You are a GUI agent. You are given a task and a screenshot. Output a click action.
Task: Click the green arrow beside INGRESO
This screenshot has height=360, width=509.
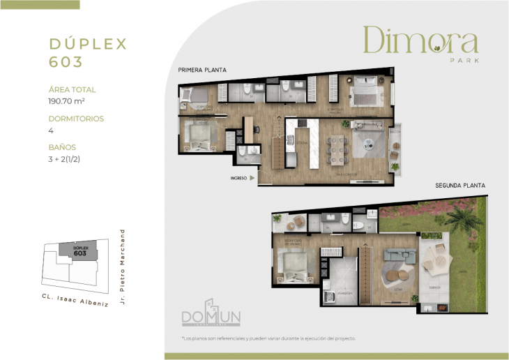coord(252,178)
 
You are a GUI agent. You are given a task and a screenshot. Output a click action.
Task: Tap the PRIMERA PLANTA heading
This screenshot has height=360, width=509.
coord(202,70)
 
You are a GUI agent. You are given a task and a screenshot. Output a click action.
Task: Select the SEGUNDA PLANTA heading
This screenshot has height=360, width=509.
coord(460,186)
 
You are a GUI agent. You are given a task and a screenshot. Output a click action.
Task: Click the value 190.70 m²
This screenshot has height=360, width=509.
coord(71,102)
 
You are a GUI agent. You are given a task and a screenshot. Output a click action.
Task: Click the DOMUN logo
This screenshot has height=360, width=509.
coord(211,317)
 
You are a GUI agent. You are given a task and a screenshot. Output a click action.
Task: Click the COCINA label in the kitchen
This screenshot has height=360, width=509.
coord(301,142)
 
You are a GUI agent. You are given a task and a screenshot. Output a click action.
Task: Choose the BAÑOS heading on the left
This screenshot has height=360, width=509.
coord(62,147)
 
